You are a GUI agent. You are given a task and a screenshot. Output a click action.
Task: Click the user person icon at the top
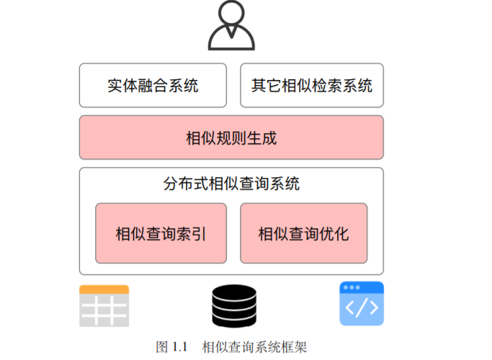pyautogui.click(x=231, y=27)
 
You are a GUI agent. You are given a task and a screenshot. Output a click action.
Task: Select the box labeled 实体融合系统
pyautogui.click(x=153, y=86)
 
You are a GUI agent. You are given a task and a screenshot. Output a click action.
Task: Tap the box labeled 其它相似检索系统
pyautogui.click(x=311, y=86)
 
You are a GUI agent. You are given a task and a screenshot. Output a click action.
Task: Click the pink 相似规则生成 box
pyautogui.click(x=231, y=138)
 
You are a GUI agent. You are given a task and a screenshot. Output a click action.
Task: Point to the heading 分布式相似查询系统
pyautogui.click(x=231, y=184)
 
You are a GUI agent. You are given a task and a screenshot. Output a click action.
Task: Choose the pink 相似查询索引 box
pyautogui.click(x=161, y=233)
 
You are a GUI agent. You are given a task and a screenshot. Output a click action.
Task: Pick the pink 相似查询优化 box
pyautogui.click(x=303, y=233)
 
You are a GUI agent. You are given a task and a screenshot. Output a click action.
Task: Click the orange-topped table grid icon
pyautogui.click(x=104, y=306)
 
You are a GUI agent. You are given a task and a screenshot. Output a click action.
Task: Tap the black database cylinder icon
pyautogui.click(x=234, y=306)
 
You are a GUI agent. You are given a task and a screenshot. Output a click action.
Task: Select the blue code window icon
pyautogui.click(x=361, y=305)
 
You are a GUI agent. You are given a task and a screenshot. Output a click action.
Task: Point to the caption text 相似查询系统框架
pyautogui.click(x=255, y=347)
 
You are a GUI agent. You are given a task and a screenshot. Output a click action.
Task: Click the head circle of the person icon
pyautogui.click(x=231, y=14)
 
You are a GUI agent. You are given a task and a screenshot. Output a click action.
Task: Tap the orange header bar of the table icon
pyautogui.click(x=104, y=289)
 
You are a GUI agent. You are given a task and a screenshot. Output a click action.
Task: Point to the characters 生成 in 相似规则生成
pyautogui.click(x=261, y=138)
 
